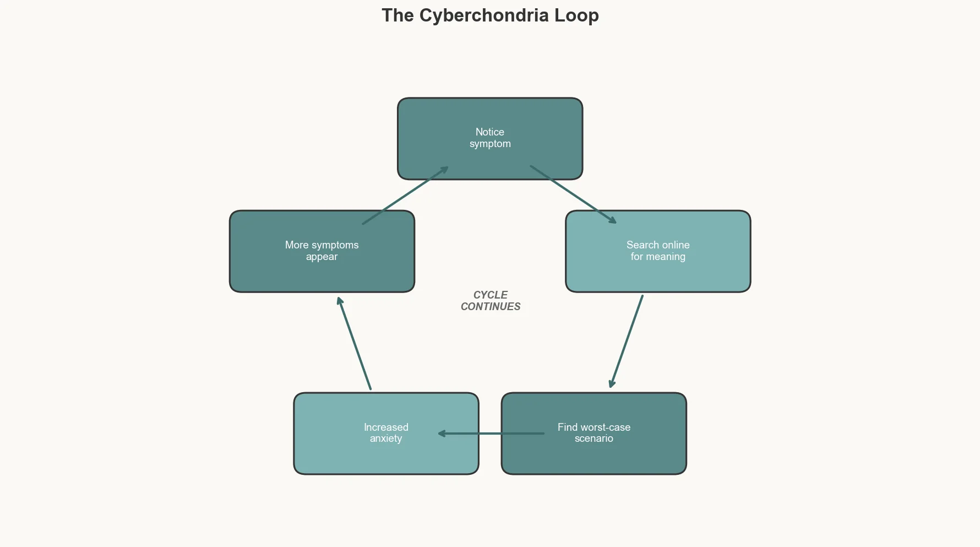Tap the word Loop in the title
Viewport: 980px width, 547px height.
576,15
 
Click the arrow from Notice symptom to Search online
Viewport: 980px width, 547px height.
573,194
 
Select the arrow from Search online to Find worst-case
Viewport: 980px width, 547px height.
627,342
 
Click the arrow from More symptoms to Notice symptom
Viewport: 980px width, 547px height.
405,196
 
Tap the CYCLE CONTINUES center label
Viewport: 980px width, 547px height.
490,301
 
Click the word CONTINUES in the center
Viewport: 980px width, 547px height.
490,307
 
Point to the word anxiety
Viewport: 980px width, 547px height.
385,439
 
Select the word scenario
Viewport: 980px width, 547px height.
594,439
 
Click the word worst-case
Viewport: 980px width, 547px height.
605,427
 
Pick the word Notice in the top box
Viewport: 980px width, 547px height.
489,132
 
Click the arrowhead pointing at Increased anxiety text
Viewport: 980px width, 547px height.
441,434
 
